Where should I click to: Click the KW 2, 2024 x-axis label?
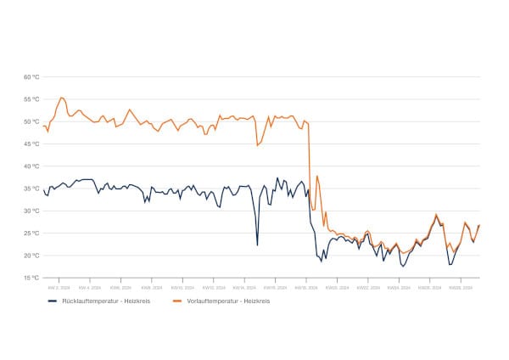[58, 288]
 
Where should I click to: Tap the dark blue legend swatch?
[51, 301]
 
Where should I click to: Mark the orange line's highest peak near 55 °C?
[62, 98]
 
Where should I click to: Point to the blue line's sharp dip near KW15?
[257, 245]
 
